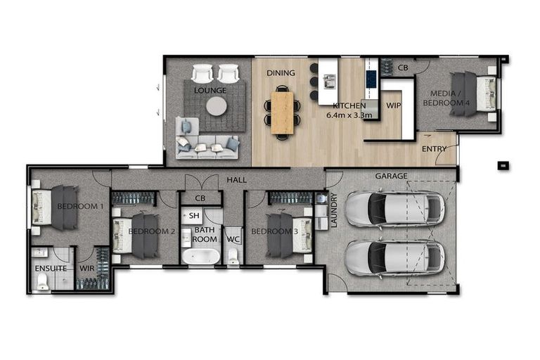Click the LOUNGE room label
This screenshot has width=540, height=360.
coord(211,91)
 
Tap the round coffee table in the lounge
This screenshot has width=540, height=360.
coord(217,106)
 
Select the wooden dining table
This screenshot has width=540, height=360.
coord(282,112)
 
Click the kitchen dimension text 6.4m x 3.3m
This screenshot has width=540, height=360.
coord(349,115)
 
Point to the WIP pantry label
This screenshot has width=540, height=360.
coord(393,105)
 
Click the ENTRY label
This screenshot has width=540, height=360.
coord(434,149)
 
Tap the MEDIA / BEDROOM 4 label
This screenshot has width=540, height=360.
coord(446,98)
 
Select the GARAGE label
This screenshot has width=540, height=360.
coord(391,176)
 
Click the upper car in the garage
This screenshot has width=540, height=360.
coord(394,207)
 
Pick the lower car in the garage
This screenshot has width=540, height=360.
coord(394,258)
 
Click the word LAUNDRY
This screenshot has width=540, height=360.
coord(334,211)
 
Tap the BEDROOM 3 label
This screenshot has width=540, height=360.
coord(271,232)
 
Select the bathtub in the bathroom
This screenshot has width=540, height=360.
coord(200,256)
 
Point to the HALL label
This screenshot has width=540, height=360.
coord(236,181)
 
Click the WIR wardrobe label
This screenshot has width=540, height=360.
coord(88,268)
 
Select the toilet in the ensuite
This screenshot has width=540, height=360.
coord(43,282)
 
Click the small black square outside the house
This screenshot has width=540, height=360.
coord(503,165)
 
